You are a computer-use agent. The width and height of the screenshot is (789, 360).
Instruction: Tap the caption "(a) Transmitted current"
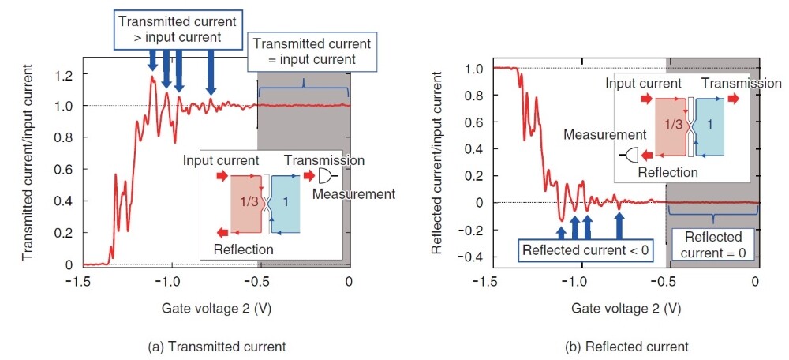(216, 347)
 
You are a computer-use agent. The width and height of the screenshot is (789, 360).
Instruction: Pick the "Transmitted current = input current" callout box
(312, 51)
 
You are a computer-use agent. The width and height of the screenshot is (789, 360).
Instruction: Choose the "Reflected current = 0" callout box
(713, 244)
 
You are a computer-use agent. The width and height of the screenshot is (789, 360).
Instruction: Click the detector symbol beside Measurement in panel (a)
(327, 176)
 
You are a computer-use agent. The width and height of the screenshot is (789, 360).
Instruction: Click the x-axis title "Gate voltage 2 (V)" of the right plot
(627, 308)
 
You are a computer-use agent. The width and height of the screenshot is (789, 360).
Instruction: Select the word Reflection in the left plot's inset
(244, 249)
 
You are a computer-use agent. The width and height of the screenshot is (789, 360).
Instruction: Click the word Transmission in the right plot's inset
(742, 84)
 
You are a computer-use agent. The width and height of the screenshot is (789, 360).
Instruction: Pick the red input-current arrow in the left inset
(222, 176)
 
